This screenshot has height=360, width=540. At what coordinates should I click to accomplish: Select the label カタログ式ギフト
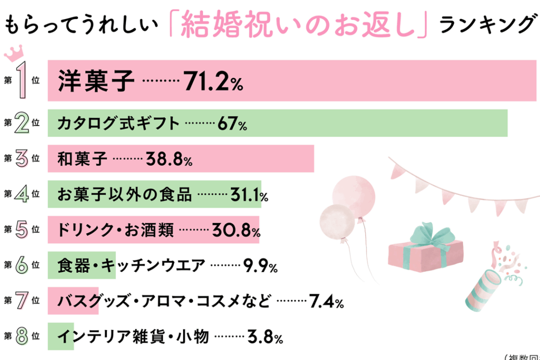click(x=118, y=124)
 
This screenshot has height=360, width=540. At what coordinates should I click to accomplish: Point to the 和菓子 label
click(x=82, y=158)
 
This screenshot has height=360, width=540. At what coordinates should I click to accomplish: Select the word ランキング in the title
click(x=486, y=24)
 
